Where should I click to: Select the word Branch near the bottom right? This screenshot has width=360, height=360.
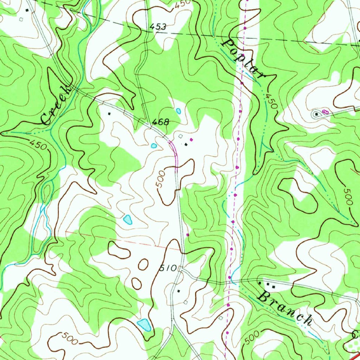(x=285, y=306)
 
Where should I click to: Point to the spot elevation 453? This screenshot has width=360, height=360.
(x=157, y=27)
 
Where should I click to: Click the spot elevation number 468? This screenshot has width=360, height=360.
(x=160, y=122)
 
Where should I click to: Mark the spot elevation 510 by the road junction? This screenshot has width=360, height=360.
(x=168, y=268)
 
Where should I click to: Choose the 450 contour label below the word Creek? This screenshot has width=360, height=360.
(x=38, y=144)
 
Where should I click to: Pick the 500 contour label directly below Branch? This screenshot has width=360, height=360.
(x=252, y=337)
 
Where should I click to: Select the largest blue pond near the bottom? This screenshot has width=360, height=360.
(x=144, y=325)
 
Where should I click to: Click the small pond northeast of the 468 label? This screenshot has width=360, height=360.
(x=179, y=111)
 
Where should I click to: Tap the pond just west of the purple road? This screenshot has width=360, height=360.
(x=154, y=146)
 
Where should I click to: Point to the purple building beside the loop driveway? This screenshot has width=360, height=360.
(x=325, y=111)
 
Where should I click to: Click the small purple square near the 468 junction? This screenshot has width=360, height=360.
(x=191, y=140)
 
